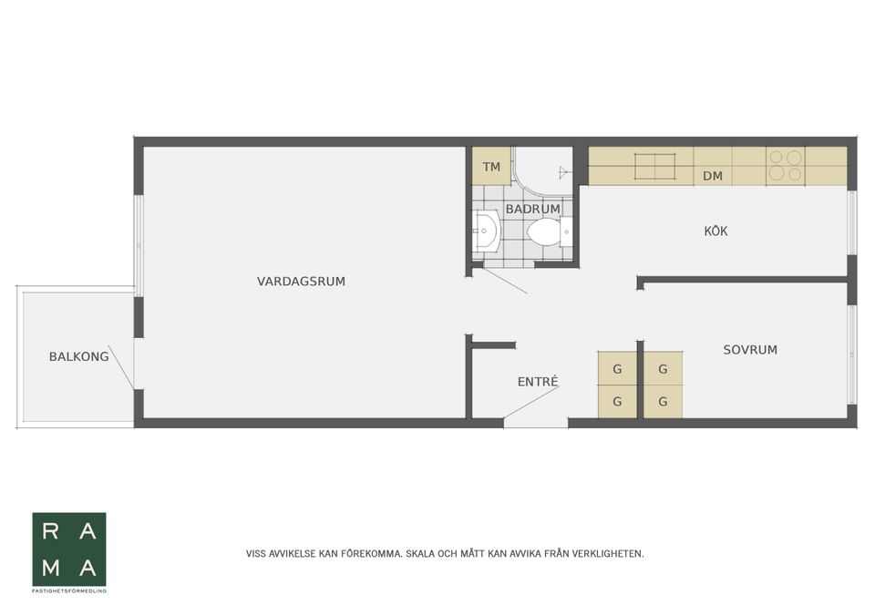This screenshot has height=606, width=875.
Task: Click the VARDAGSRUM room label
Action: click(x=301, y=282)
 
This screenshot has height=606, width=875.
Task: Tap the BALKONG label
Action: click(x=78, y=356)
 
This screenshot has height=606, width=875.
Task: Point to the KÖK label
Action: click(x=715, y=231)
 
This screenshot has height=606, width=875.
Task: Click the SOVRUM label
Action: click(x=750, y=349)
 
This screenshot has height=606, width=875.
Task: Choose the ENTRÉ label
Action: click(x=537, y=382)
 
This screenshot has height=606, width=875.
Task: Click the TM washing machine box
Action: click(x=491, y=167)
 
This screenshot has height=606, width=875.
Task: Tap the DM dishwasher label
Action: click(x=713, y=176)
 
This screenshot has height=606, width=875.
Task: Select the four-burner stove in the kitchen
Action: click(x=785, y=165)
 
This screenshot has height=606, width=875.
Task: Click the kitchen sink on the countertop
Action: click(x=655, y=166)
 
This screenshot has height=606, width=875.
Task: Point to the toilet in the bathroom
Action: click(x=545, y=232)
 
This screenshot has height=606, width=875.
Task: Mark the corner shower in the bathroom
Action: click(x=545, y=170)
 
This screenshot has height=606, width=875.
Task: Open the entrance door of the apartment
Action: click(x=533, y=406)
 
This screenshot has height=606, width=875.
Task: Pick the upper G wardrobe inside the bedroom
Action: click(x=663, y=369)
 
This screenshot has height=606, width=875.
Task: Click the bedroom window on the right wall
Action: click(x=852, y=354)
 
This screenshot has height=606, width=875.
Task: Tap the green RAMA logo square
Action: click(x=69, y=549)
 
